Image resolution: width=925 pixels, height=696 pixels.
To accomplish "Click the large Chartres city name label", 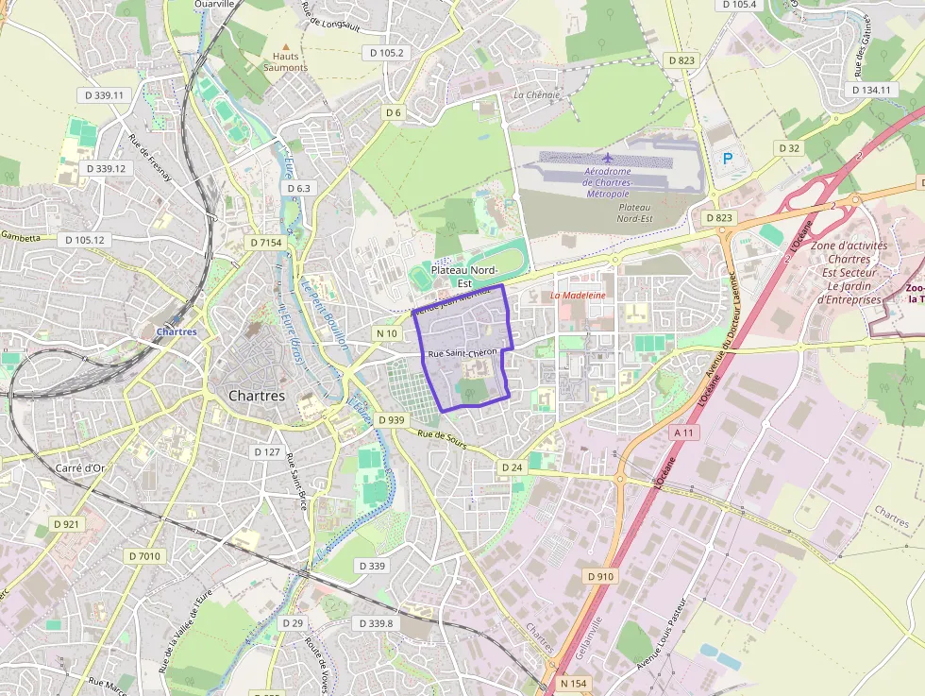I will pos(257,396).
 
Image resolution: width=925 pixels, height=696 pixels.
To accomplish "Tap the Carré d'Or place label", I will pos(80,467).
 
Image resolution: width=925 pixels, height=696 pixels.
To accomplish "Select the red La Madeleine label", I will pos(578,296).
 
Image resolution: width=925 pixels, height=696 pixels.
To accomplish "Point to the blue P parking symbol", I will pos(727,160).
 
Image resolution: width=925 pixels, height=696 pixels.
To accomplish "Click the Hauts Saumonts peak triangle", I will pos(285,45).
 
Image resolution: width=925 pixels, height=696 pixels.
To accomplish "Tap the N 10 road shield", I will pos(387,333).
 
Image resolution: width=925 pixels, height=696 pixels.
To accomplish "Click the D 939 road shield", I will pos(390,419).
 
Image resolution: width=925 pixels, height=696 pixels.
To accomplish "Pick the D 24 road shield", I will pos(512,467).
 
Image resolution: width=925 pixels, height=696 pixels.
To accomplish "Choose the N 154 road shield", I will pos(573,683).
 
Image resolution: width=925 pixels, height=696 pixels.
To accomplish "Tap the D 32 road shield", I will pos(789,148).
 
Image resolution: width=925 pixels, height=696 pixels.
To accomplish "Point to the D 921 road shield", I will pos(66,523).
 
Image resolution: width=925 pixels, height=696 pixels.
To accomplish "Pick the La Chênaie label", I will pos(537,95).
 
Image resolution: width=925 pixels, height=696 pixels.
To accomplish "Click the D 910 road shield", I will pos(600,575).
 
